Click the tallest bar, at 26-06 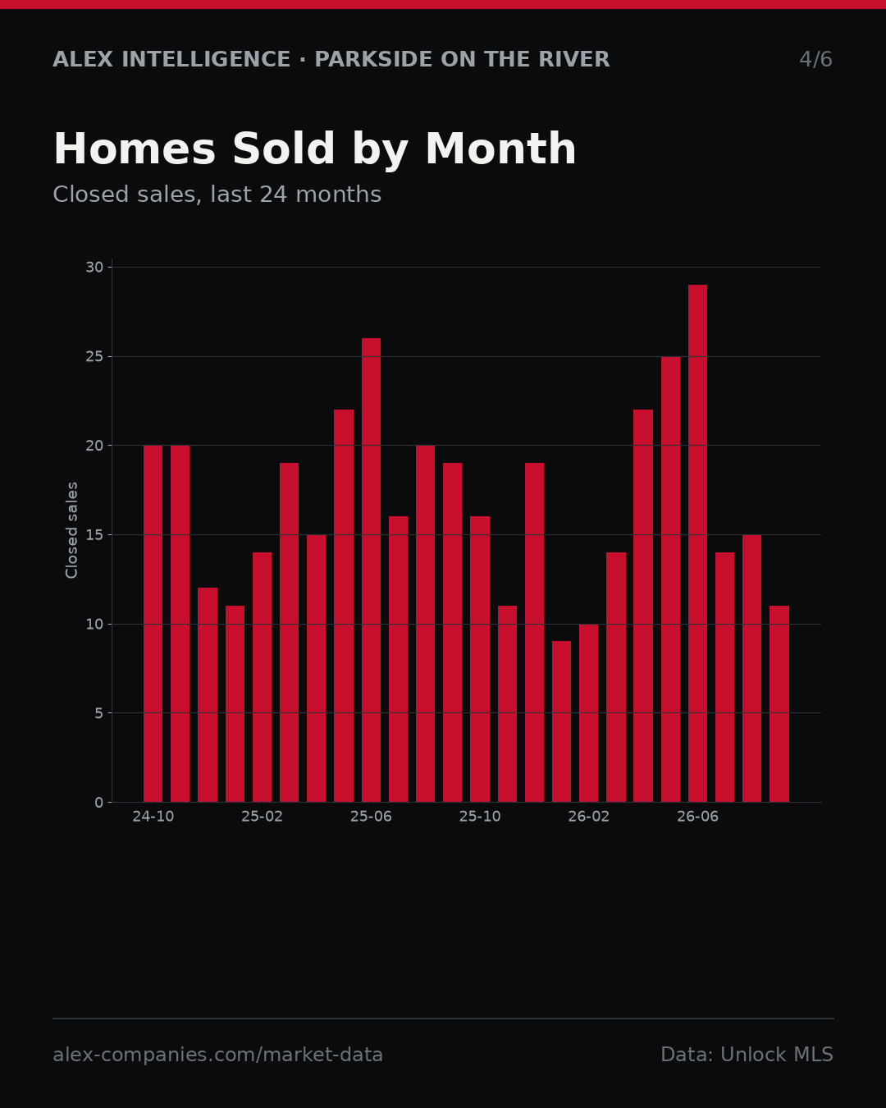pos(697,543)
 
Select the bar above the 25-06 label pos(371,570)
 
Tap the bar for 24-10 pos(153,624)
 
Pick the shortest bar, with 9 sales pos(562,721)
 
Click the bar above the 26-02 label pos(589,713)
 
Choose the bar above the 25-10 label pos(480,659)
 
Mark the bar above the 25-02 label pos(262,677)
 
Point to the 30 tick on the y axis pos(94,268)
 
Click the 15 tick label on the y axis pos(94,535)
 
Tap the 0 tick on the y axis pos(99,803)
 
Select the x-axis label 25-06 pos(371,817)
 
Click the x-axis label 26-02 pos(589,817)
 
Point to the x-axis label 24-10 pos(153,817)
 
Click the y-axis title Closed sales pos(71,530)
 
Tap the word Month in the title pos(500,149)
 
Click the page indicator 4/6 pos(816,60)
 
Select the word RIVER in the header pos(574,60)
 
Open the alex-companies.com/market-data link pos(217,1055)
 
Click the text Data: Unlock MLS pos(747,1055)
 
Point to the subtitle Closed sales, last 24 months pos(217,195)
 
